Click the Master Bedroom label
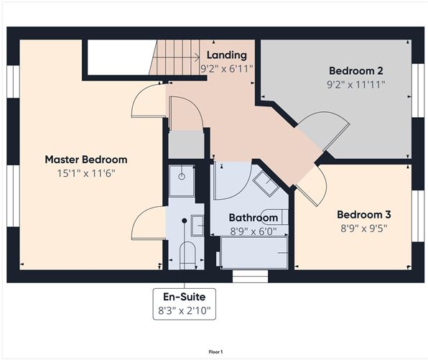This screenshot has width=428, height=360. (x=86, y=160)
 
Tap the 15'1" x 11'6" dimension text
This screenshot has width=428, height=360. (x=86, y=173)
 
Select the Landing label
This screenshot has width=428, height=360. (x=226, y=55)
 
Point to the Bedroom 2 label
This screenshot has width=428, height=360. (x=356, y=70)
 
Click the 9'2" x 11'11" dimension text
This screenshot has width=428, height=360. (x=356, y=85)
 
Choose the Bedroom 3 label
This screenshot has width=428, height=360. (x=364, y=214)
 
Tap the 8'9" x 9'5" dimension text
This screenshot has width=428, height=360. (x=364, y=228)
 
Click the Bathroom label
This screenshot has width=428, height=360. (x=253, y=218)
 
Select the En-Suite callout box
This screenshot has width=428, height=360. (x=185, y=304)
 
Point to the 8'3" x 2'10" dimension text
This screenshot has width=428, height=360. (x=185, y=310)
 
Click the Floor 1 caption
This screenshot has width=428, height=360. (x=215, y=352)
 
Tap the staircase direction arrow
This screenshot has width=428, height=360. (x=176, y=57)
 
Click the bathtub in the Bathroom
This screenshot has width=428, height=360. (x=254, y=253)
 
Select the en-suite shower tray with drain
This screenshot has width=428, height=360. (x=182, y=180)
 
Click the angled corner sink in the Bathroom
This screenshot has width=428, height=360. (x=266, y=183)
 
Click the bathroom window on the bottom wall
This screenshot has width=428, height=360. (x=251, y=276)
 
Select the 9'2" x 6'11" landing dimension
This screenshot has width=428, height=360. (x=226, y=69)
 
